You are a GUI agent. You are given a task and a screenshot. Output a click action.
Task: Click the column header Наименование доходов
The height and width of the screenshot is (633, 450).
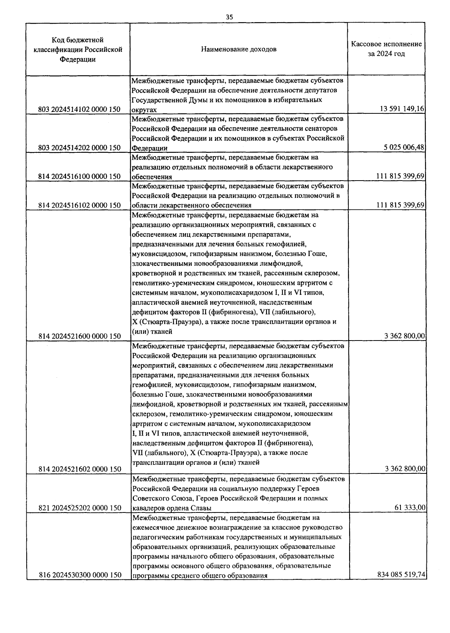[x=239, y=49]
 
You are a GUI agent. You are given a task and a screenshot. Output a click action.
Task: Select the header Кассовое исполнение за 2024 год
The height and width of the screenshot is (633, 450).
[x=386, y=49]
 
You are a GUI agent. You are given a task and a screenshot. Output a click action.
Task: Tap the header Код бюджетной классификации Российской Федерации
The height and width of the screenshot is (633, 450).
[x=78, y=50]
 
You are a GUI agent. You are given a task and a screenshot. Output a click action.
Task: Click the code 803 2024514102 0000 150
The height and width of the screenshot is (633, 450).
[x=79, y=109]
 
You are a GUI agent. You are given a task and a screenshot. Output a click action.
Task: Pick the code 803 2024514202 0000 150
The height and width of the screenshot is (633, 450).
[x=79, y=148]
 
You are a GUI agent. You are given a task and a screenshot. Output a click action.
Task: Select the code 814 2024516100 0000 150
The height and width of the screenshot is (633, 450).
[x=79, y=176]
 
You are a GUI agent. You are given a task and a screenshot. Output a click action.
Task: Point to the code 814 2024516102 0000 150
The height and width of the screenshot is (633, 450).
[x=79, y=205]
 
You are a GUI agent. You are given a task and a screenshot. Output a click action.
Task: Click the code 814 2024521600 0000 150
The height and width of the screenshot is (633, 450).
[x=79, y=336]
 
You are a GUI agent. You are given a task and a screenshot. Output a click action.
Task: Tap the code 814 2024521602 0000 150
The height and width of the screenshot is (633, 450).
[x=79, y=469]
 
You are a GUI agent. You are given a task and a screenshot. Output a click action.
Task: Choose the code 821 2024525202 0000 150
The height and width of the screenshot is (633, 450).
[x=79, y=508]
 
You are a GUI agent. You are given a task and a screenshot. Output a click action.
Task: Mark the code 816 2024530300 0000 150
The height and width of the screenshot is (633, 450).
[x=79, y=575]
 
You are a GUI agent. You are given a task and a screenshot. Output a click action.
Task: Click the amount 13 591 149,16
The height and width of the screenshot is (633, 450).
[x=402, y=109]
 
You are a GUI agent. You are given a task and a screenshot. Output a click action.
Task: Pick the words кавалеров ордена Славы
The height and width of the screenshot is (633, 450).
[x=172, y=508]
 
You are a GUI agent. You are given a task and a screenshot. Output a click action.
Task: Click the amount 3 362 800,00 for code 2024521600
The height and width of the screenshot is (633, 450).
[x=405, y=336]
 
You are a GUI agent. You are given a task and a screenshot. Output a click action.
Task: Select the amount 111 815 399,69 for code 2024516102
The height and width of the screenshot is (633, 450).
[x=400, y=205]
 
